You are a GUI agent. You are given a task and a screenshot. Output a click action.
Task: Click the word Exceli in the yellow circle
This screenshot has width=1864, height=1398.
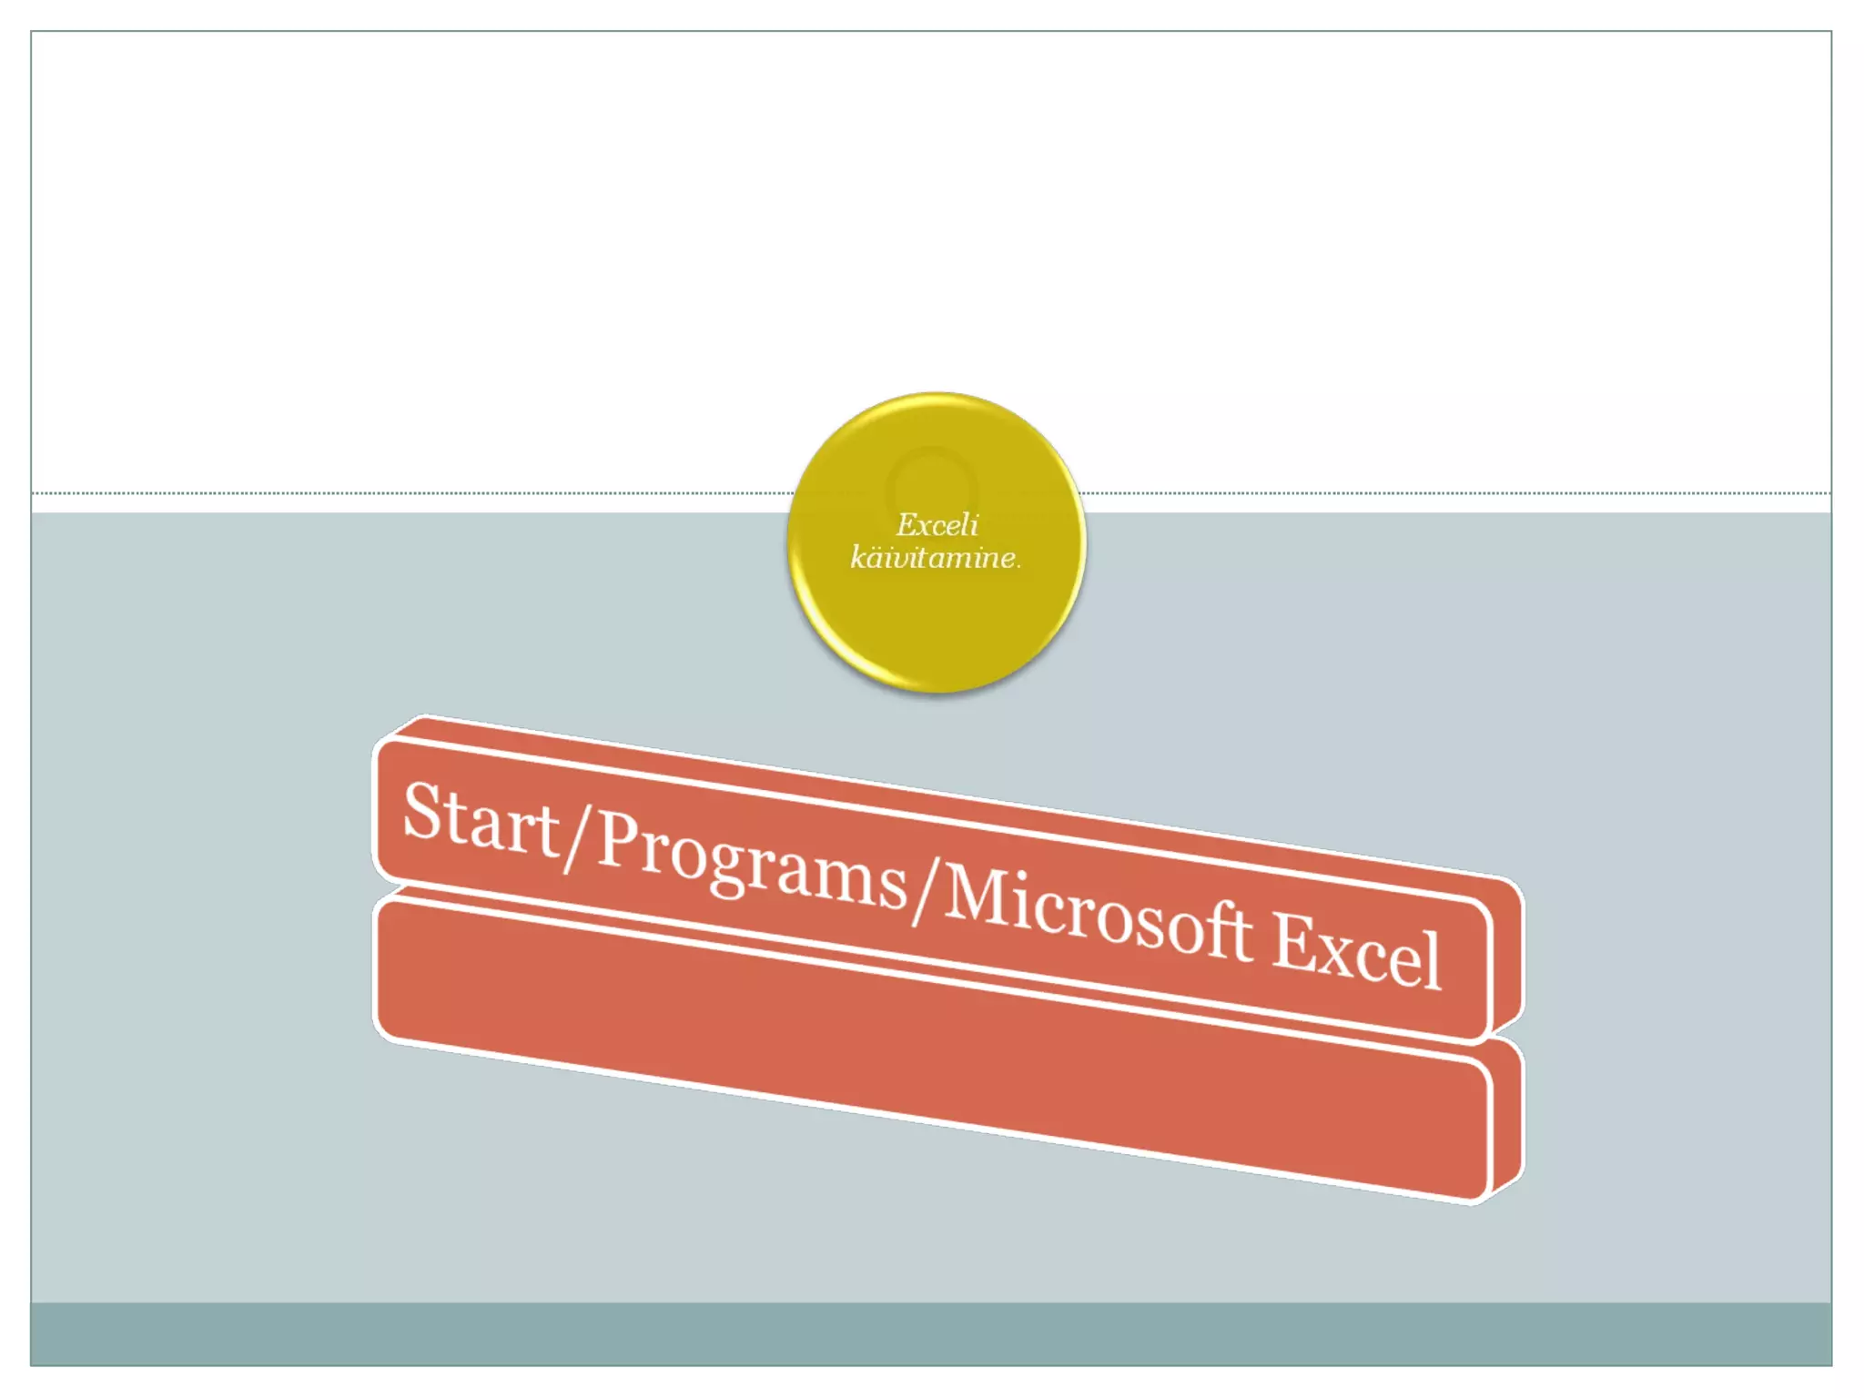pyautogui.click(x=937, y=525)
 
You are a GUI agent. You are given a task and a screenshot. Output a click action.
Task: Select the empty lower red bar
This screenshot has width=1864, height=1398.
pyautogui.click(x=928, y=1047)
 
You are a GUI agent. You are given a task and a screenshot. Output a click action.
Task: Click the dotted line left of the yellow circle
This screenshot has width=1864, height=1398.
pyautogui.click(x=410, y=493)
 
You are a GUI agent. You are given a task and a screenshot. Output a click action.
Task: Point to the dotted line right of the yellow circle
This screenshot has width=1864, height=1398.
pyautogui.click(x=1456, y=493)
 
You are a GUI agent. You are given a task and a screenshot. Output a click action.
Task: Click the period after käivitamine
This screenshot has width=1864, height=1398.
pyautogui.click(x=1018, y=565)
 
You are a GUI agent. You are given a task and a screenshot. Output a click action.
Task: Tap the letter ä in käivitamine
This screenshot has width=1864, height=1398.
pyautogui.click(x=879, y=557)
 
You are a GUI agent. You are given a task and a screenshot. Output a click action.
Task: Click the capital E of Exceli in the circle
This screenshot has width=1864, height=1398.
pyautogui.click(x=907, y=524)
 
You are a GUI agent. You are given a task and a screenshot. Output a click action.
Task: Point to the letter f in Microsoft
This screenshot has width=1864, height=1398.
pyautogui.click(x=1215, y=928)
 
